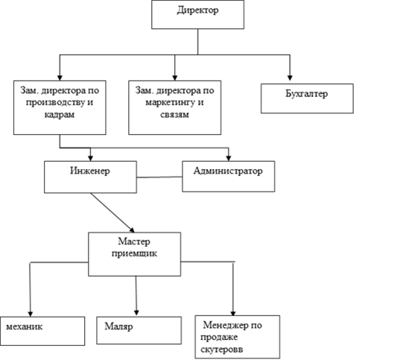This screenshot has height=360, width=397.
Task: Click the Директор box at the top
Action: point(197,14)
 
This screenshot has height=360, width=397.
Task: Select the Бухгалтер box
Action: point(307,98)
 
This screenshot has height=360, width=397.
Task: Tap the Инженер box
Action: point(90,177)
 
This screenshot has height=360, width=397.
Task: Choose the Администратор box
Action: point(229,177)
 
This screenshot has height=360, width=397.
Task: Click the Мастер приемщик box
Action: point(134,254)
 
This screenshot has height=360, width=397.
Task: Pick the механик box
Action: point(42,331)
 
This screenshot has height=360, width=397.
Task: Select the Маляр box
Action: point(139,330)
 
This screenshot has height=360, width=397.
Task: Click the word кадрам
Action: point(60,115)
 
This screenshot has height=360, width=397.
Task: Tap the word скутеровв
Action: point(222,350)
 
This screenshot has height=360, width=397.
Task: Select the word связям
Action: point(175,115)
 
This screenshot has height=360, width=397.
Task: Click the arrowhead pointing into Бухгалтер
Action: point(290,78)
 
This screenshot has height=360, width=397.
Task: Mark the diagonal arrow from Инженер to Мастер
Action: point(112,213)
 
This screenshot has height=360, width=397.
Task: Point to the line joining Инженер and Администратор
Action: point(159,177)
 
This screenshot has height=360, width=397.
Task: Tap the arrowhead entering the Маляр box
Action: point(136,312)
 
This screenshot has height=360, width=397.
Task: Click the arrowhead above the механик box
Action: point(31,314)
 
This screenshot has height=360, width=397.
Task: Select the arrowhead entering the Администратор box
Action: point(229,158)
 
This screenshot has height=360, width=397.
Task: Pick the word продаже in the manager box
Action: point(219,338)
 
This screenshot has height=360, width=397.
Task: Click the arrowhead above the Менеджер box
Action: point(233,313)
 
